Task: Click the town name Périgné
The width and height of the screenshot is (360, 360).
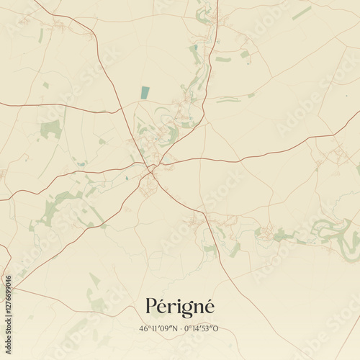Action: pyautogui.click(x=180, y=306)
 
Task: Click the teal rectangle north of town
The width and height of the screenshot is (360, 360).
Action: pyautogui.click(x=145, y=92)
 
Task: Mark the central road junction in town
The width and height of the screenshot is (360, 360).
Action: pyautogui.click(x=151, y=171)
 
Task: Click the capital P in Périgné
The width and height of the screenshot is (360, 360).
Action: pyautogui.click(x=152, y=306)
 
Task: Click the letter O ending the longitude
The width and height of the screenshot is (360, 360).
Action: pyautogui.click(x=215, y=328)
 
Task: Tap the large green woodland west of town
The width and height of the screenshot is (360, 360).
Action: pyautogui.click(x=51, y=130)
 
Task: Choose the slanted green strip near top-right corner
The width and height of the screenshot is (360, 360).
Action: pyautogui.click(x=302, y=13)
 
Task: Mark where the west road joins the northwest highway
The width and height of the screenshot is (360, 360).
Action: pyautogui.click(x=120, y=111)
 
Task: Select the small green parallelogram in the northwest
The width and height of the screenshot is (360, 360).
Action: pyautogui.click(x=46, y=85)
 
